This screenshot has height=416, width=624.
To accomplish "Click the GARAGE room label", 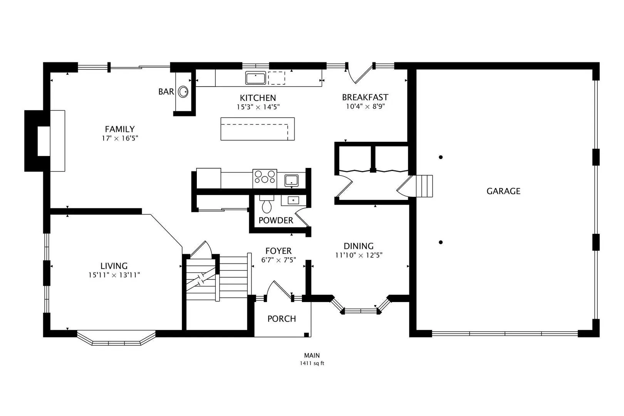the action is click(503, 191).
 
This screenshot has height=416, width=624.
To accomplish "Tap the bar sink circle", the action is click(183, 92).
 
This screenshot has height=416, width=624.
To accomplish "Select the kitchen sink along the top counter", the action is click(255, 78).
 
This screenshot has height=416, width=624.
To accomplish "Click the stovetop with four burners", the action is click(265, 179).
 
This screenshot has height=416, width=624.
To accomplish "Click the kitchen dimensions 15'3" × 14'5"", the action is click(258, 107).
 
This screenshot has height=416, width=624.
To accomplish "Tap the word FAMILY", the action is click(120, 129).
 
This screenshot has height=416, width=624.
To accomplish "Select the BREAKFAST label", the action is click(365, 97).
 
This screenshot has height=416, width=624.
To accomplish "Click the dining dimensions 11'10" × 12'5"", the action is click(359, 255).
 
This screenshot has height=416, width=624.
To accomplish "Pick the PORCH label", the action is click(282, 319).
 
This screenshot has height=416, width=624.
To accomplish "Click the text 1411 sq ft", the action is click(312, 363).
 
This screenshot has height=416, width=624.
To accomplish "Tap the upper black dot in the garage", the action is click(441, 157).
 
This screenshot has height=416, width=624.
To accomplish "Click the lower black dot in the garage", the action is click(441, 242).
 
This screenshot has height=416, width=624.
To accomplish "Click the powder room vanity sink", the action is click(293, 200).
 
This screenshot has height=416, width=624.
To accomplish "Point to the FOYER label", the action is click(278, 251).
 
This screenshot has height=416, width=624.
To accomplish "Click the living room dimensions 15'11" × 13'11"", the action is click(114, 275).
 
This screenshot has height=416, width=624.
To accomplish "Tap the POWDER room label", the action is click(276, 220).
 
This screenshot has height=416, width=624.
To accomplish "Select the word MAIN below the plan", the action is click(312, 356).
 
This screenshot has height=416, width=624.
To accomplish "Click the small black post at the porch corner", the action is click(307, 335).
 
